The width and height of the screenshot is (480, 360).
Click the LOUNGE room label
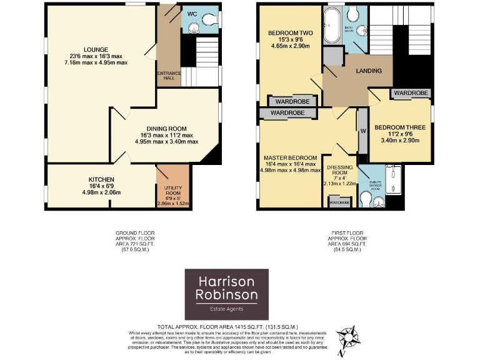pyautogui.click(x=97, y=50)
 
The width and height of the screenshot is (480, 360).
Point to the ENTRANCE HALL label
pyautogui.click(x=169, y=76)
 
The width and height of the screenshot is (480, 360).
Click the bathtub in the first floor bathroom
pyautogui.click(x=331, y=22)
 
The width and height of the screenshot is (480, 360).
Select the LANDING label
pyautogui.click(x=369, y=71)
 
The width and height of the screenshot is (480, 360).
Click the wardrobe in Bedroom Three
pyautogui.click(x=411, y=92)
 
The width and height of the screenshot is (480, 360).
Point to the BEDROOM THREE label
pyautogui.click(x=399, y=127)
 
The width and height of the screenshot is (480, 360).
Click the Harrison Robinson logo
pyautogui.click(x=226, y=294)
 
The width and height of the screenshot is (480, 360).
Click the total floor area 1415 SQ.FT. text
pyautogui.click(x=227, y=326)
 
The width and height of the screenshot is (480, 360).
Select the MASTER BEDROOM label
pyautogui.click(x=290, y=157)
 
